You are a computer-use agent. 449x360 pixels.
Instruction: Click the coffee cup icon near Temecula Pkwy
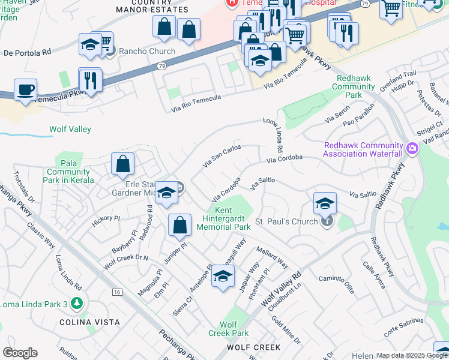25,90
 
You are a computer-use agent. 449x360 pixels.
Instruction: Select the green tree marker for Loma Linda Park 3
76,304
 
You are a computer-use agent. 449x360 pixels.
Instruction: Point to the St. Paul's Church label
286,222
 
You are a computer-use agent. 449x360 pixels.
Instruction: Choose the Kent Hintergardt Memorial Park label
224,218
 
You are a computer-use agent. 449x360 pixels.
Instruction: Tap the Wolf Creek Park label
229,329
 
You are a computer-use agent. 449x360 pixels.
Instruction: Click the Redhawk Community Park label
357,86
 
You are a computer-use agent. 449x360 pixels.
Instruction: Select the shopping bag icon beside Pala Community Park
122,164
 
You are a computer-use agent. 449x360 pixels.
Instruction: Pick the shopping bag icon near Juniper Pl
179,226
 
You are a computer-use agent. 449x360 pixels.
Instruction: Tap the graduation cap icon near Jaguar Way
223,277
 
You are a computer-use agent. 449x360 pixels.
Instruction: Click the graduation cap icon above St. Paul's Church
325,203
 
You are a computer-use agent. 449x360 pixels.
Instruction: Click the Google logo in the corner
20,353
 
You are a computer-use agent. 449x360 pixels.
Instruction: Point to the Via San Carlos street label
222,155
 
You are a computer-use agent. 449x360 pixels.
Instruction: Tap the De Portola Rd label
27,53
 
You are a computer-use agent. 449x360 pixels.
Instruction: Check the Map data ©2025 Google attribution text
412,356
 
